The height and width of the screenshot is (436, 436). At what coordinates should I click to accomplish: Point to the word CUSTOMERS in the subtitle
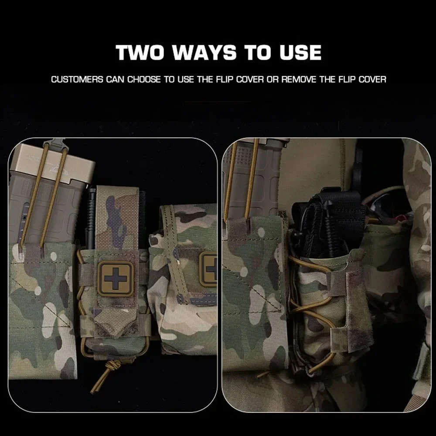click(x=77, y=80)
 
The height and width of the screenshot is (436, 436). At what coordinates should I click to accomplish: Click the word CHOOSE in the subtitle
click(x=144, y=80)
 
